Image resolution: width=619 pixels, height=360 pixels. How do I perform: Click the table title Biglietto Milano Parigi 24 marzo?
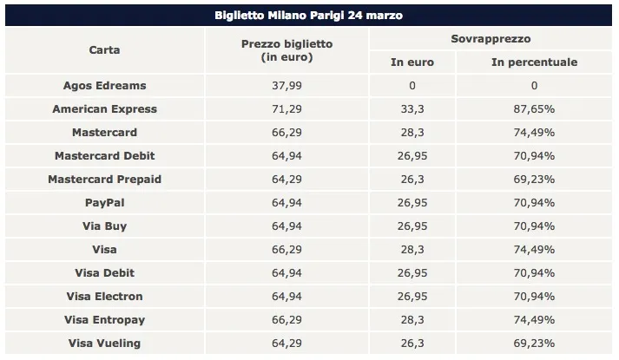308,16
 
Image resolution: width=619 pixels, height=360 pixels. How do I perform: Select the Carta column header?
104,50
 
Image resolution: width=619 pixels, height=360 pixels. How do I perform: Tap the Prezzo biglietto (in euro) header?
286,50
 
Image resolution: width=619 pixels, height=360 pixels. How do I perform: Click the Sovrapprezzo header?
491,39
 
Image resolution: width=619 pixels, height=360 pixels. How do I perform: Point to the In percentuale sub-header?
534,62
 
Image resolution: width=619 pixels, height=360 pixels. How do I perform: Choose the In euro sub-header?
412,62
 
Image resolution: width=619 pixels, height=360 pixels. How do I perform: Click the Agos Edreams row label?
104,86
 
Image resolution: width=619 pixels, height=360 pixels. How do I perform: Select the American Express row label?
104,109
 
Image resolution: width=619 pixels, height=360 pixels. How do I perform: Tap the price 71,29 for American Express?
286,109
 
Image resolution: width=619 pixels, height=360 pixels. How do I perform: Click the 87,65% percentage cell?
534,109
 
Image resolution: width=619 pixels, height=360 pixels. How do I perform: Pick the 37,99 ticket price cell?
286,86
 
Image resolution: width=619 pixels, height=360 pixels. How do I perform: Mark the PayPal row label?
104,203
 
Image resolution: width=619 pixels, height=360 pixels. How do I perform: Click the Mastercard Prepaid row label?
104,180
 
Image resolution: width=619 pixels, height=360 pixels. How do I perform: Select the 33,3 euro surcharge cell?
412,109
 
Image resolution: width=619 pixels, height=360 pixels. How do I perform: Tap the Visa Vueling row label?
104,344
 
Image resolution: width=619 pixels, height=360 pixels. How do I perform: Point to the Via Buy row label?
104,226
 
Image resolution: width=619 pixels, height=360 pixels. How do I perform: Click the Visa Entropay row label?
104,320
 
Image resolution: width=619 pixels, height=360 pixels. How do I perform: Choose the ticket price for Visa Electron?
286,297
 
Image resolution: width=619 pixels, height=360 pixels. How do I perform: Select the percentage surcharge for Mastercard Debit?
534,156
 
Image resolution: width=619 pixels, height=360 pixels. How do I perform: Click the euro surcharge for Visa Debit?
412,273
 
